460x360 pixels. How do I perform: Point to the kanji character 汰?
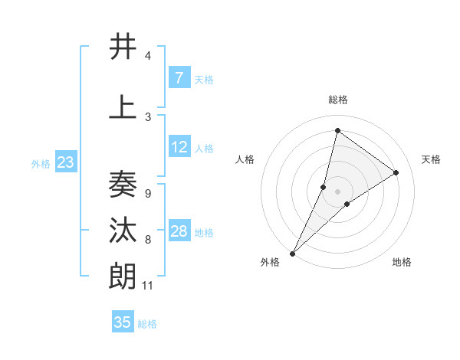point(123,230)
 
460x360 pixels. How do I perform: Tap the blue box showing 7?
point(179,78)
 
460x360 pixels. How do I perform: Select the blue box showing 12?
point(179,148)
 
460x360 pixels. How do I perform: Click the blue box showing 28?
point(179,232)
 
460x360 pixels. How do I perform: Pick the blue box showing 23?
point(65,162)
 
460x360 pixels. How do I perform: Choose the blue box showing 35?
point(123,322)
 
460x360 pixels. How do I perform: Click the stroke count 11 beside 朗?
point(148,286)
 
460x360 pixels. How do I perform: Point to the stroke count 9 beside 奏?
point(147,193)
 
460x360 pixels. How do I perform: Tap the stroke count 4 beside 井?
point(147,56)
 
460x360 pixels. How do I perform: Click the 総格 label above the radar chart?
point(337,100)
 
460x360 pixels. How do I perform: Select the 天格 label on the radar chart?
point(431,159)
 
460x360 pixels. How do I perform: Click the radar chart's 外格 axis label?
point(270,262)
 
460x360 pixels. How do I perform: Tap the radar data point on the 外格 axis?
point(292,253)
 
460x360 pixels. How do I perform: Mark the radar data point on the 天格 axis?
point(396,172)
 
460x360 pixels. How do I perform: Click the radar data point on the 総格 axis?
point(337,129)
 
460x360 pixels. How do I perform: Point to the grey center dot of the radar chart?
point(337,191)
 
